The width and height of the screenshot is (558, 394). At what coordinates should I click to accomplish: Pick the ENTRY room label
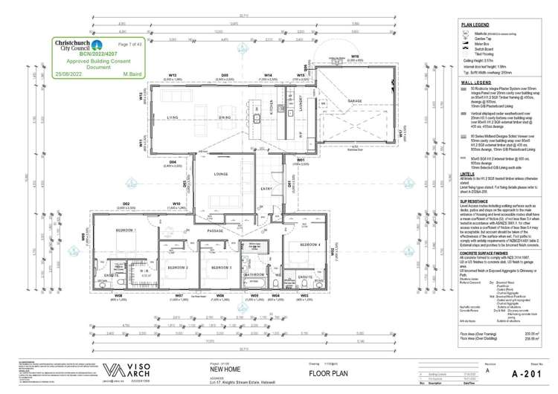click(x=266, y=190)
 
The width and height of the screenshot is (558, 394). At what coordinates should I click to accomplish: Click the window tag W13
click(x=172, y=75)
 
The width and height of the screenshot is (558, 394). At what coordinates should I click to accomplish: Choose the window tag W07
click(x=179, y=296)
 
